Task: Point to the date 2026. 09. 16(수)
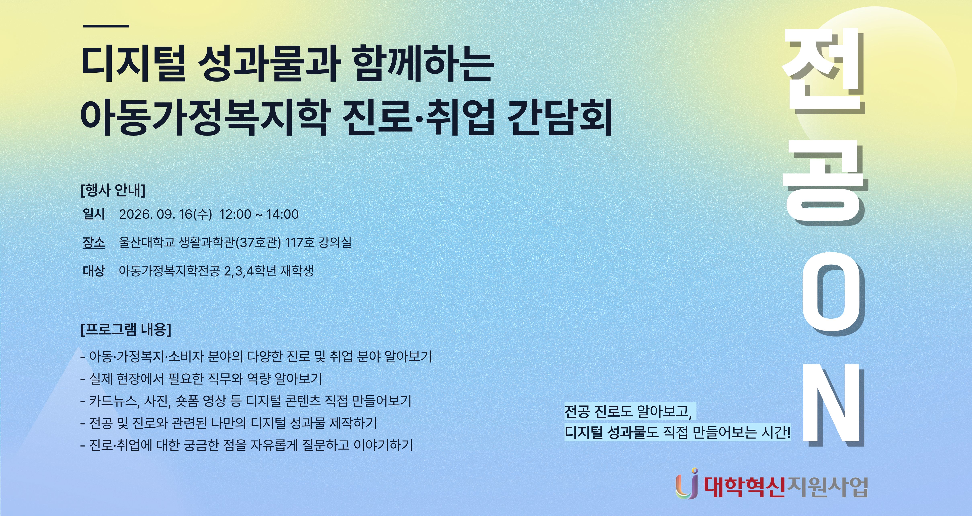(x=165, y=214)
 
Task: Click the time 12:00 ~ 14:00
(x=259, y=214)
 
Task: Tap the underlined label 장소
(x=94, y=242)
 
